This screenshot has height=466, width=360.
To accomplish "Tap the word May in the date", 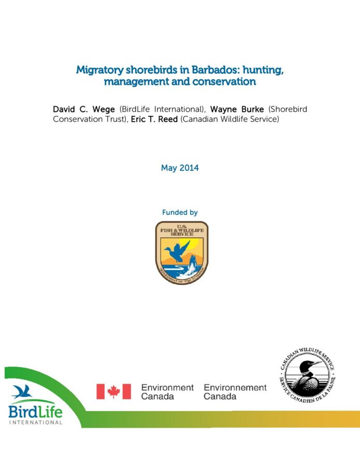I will (x=169, y=168).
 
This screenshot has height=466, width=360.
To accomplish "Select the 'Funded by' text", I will (x=180, y=212).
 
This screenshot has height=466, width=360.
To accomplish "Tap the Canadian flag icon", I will (x=113, y=391).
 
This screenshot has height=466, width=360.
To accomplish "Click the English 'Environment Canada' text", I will (x=167, y=391).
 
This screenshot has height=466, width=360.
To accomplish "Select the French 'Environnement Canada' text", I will (x=235, y=391).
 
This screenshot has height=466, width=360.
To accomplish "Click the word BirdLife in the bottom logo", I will (x=35, y=412).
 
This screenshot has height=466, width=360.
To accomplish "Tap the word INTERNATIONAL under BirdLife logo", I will (x=35, y=423).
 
